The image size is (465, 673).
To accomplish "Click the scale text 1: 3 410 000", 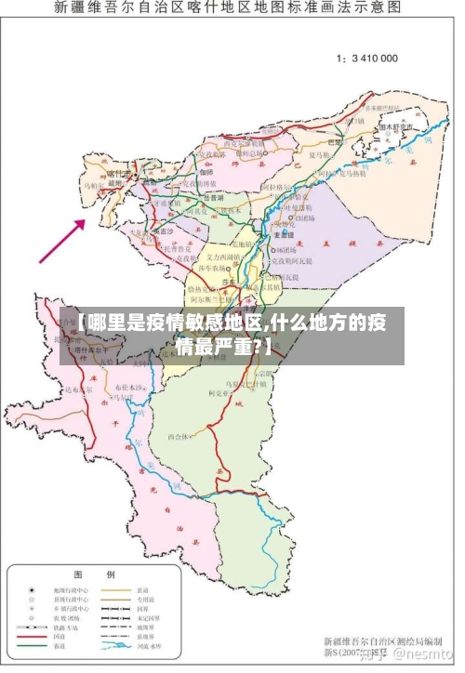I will coord(366,58).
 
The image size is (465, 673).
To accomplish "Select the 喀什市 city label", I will coord(118,173).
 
